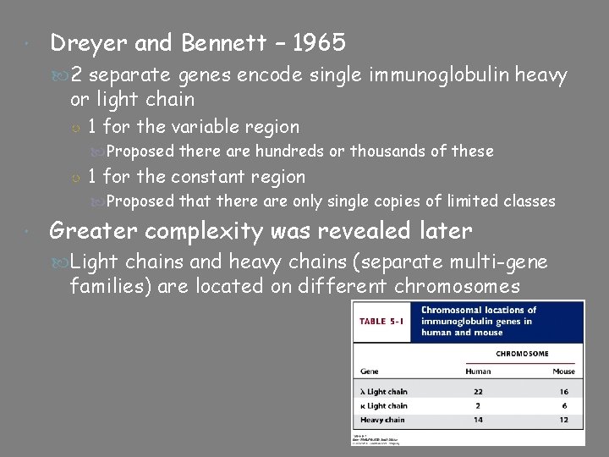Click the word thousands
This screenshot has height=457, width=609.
pyautogui.click(x=387, y=151)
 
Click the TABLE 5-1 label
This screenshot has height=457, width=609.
pyautogui.click(x=384, y=322)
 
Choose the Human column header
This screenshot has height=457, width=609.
pyautogui.click(x=478, y=372)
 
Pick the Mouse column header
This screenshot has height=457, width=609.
pyautogui.click(x=562, y=372)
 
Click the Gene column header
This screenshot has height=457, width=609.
pyautogui.click(x=369, y=372)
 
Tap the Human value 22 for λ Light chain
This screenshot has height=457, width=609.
pyautogui.click(x=478, y=392)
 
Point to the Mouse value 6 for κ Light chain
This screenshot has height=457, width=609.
pyautogui.click(x=562, y=406)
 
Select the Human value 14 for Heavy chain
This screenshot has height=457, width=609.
pyautogui.click(x=478, y=420)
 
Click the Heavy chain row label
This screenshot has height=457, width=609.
pyautogui.click(x=382, y=420)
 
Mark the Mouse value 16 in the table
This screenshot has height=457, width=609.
pyautogui.click(x=562, y=392)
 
